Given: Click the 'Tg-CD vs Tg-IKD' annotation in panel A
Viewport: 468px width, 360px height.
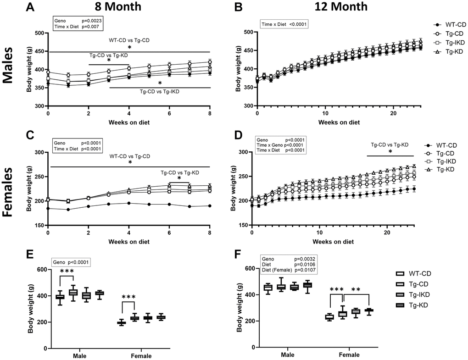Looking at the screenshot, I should tap(159, 92).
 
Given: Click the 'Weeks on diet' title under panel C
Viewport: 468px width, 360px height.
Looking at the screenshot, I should tap(128, 241).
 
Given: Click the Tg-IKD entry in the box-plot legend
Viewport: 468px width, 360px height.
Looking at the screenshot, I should tap(423, 294).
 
